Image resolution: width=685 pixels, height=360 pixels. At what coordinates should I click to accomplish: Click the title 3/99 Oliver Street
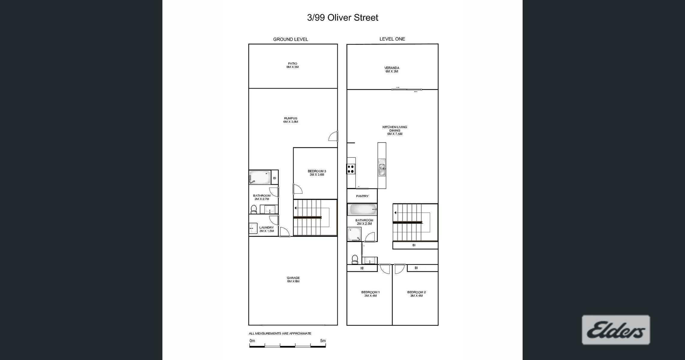pos(342,18)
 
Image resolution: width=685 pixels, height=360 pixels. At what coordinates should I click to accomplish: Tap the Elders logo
pos(616,330)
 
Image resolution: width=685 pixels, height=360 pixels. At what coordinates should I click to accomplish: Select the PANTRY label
pos(362,196)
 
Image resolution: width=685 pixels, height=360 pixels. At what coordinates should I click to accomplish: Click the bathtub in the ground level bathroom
pos(260,177)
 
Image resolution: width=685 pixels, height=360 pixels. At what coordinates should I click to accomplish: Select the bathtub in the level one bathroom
pos(362,210)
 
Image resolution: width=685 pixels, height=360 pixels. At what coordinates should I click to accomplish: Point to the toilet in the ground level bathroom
pos(254,209)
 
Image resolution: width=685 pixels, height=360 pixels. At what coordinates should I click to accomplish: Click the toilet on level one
pos(355,259)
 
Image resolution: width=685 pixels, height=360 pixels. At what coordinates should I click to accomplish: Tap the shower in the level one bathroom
pos(354,234)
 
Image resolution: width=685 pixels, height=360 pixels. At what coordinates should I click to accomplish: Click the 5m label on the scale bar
pos(323,341)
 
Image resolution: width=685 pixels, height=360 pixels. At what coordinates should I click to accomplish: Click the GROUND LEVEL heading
pos(290,39)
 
